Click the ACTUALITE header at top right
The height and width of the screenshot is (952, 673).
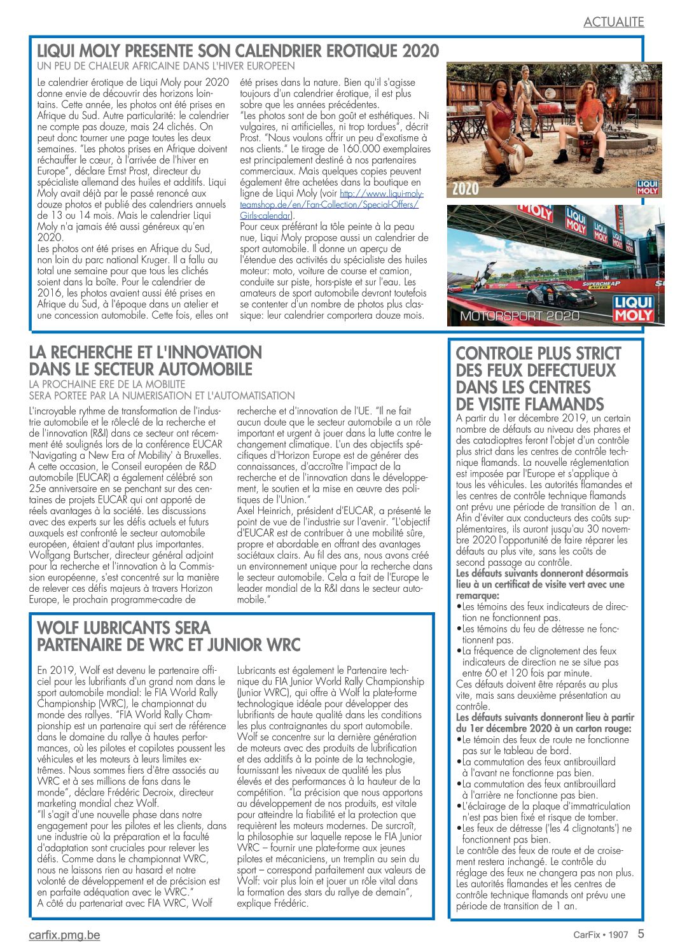613,22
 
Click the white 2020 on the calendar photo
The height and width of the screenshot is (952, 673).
466,188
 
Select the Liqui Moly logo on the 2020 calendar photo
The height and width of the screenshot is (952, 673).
646,187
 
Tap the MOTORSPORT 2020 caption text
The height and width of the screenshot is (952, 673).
520,316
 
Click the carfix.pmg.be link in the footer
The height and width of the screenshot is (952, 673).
64,935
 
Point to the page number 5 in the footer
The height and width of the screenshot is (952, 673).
641,934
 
